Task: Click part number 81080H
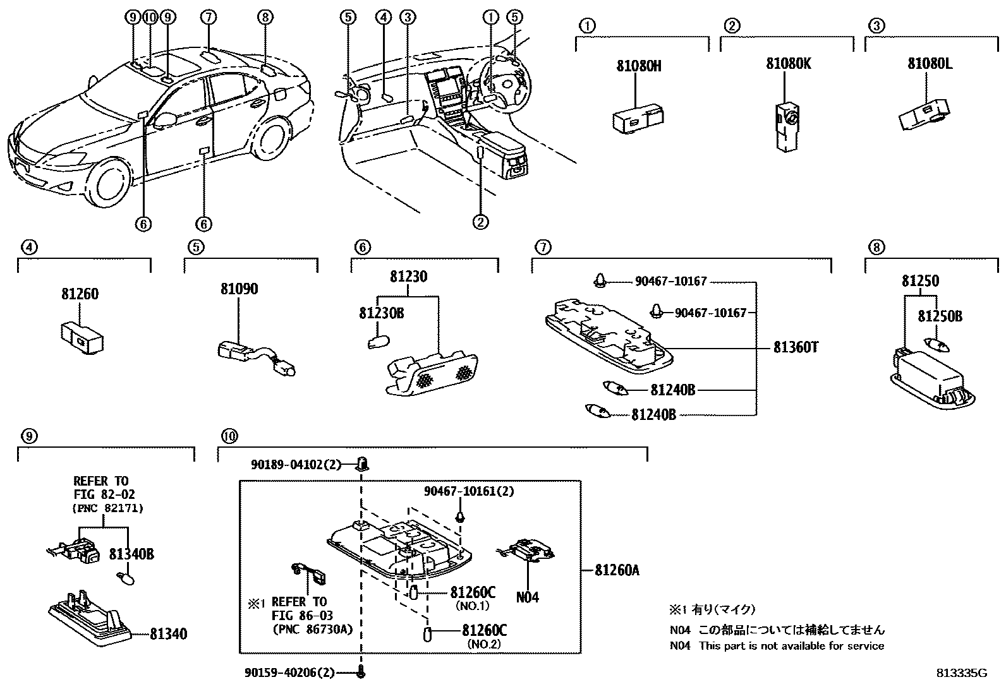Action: point(638,65)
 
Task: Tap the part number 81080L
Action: point(930,64)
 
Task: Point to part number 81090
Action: point(239,289)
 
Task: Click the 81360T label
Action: point(796,347)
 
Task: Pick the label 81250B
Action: point(940,316)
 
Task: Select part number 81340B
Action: point(131,554)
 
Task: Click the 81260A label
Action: point(617,570)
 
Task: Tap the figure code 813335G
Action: point(961,673)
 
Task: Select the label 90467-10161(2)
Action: point(468,491)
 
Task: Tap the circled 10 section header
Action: point(229,436)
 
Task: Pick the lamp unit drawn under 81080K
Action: point(785,124)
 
